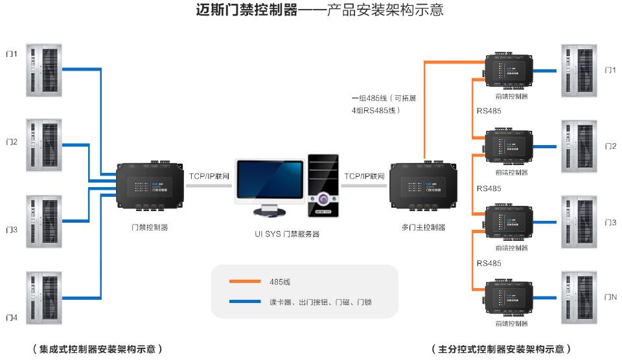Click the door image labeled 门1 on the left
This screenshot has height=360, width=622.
coord(44,71)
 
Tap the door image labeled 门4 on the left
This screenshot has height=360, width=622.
coord(44,298)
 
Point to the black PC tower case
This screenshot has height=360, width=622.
coord(322,185)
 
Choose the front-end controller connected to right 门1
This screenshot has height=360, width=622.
coord(510,71)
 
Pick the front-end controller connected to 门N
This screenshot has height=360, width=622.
coord(510,297)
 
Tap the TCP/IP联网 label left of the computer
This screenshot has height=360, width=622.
coord(209,176)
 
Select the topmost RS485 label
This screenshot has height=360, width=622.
coord(489,111)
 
